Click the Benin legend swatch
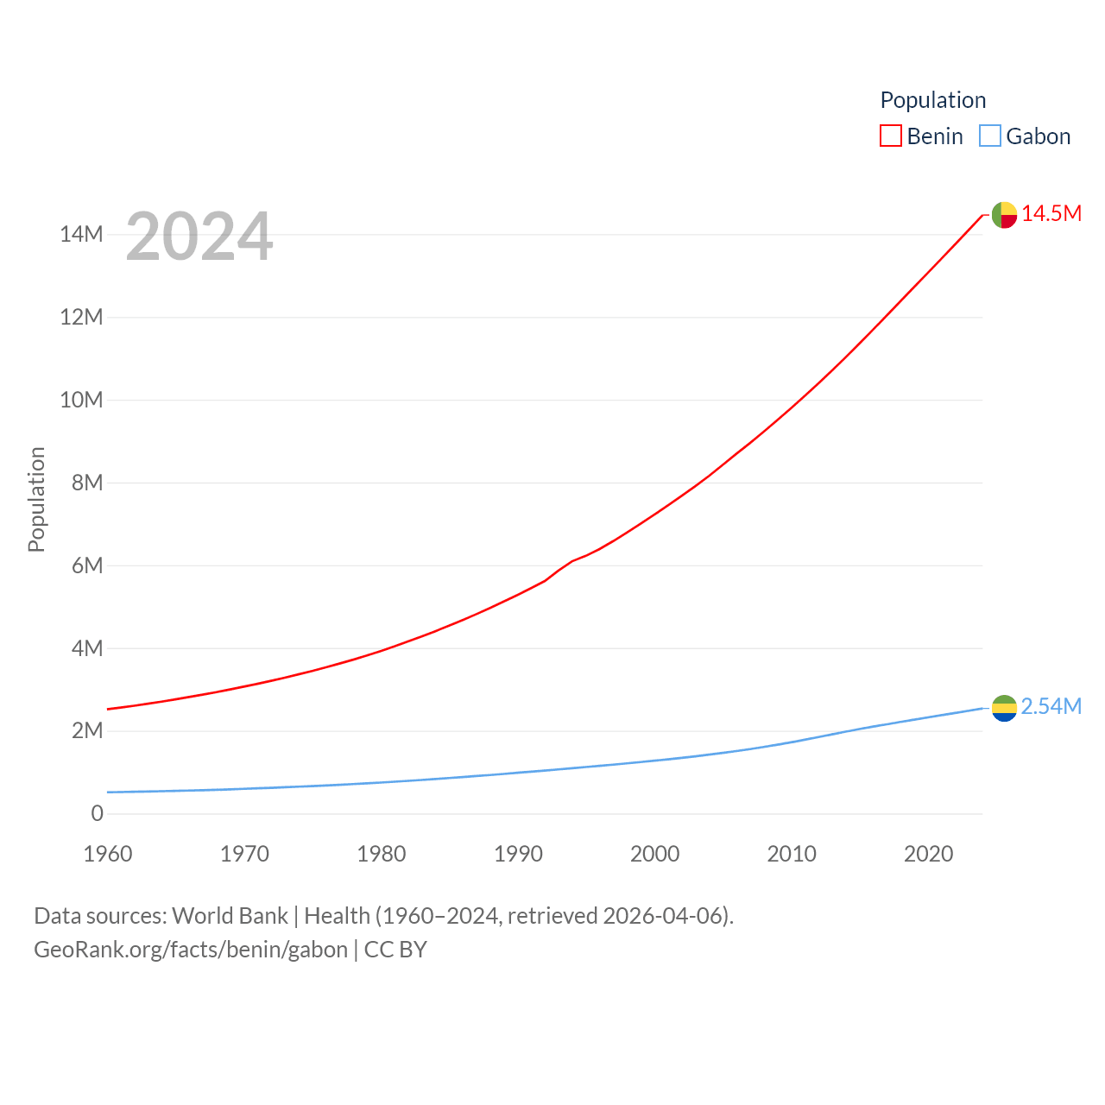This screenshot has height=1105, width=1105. point(891,136)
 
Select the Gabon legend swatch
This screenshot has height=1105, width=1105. point(990,136)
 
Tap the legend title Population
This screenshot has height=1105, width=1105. point(932,100)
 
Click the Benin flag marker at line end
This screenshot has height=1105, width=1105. point(1004,214)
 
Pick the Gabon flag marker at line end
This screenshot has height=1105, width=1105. point(1004,708)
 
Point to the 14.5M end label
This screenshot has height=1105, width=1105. point(1051,213)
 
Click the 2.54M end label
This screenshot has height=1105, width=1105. point(1051,706)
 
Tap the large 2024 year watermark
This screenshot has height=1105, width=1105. point(199,237)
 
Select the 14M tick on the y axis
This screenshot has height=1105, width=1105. point(81,235)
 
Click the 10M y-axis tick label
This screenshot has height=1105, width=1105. point(81,400)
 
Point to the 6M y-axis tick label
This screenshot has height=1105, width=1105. point(86,565)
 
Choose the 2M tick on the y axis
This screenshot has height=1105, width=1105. point(86,731)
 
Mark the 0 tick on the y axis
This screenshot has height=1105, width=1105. point(97,813)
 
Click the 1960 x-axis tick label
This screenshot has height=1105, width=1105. point(108,854)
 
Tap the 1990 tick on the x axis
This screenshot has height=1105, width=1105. point(518,854)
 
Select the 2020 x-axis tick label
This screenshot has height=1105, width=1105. point(928,854)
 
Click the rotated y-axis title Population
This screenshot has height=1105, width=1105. point(36,499)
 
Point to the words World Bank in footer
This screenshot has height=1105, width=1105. point(230,915)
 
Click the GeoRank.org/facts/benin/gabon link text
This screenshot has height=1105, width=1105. point(191,950)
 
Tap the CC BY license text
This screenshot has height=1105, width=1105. point(395,950)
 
